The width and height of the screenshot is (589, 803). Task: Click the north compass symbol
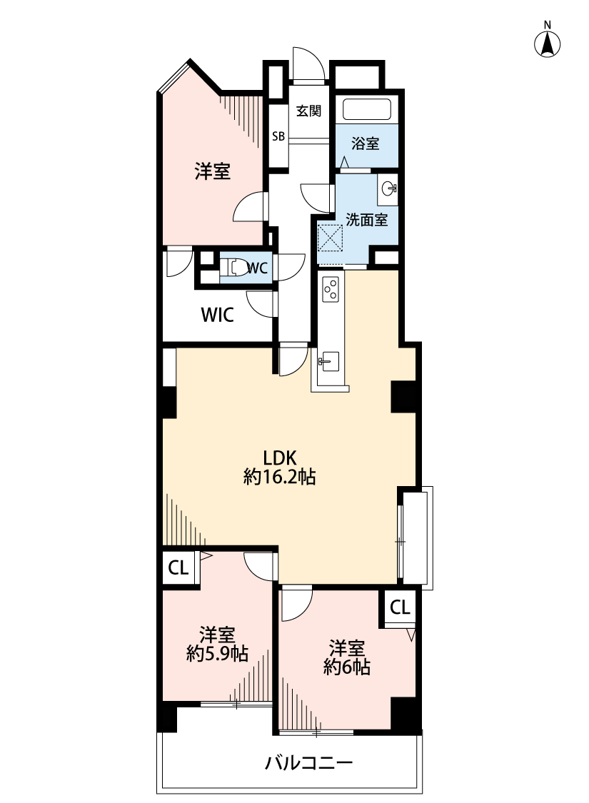pos(548,44)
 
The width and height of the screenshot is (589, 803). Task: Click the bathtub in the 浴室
pos(367,110)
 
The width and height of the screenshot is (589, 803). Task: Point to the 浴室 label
pos(366,144)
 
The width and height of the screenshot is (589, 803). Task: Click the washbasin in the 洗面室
pos(390,189)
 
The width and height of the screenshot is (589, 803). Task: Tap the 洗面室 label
pos(366,220)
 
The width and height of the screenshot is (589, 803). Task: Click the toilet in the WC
pos(232,268)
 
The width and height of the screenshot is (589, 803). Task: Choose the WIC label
pos(216,315)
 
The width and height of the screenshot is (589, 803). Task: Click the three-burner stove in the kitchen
pos(331,288)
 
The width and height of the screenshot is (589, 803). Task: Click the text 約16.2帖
pos(280,478)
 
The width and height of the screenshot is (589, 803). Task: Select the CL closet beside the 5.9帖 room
pos(178,568)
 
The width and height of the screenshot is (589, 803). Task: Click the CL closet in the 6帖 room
pos(400,607)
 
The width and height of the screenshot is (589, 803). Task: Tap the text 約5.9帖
pos(216,653)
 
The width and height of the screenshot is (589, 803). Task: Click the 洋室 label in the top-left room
pos(213,171)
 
